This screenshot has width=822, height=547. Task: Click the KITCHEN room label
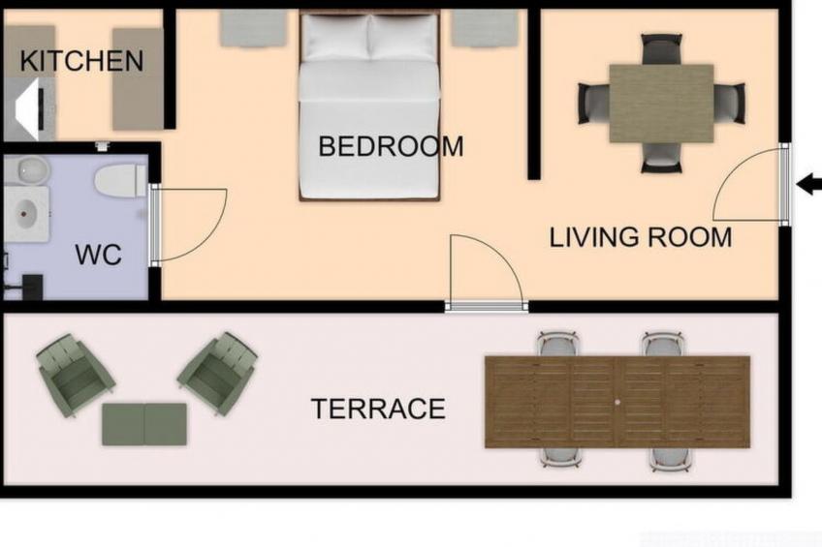pyautogui.click(x=81, y=61)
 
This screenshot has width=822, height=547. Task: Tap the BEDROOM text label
pyautogui.click(x=391, y=146)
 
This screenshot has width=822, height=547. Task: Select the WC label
pyautogui.click(x=98, y=255)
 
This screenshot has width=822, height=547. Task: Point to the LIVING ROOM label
pyautogui.click(x=640, y=237)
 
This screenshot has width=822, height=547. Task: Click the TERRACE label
pyautogui.click(x=378, y=409)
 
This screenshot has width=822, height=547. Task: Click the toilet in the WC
pyautogui.click(x=120, y=181)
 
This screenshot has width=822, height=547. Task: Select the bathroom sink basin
pyautogui.click(x=26, y=214)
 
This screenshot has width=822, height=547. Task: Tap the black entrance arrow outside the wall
pyautogui.click(x=808, y=184)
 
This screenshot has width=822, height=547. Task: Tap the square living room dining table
pyautogui.click(x=661, y=104)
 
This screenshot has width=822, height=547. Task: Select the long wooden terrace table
pyautogui.click(x=617, y=402)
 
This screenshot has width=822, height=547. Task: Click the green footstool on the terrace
pyautogui.click(x=144, y=424)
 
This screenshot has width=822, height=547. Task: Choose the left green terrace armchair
pyautogui.click(x=75, y=375)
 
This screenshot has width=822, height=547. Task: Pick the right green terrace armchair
pyautogui.click(x=217, y=373)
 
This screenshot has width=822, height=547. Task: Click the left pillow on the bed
pyautogui.click(x=336, y=37)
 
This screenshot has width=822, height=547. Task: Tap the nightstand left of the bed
pyautogui.click(x=253, y=27)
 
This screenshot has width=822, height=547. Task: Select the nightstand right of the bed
pyautogui.click(x=486, y=27)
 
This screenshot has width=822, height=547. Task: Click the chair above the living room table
pyautogui.click(x=662, y=49)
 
